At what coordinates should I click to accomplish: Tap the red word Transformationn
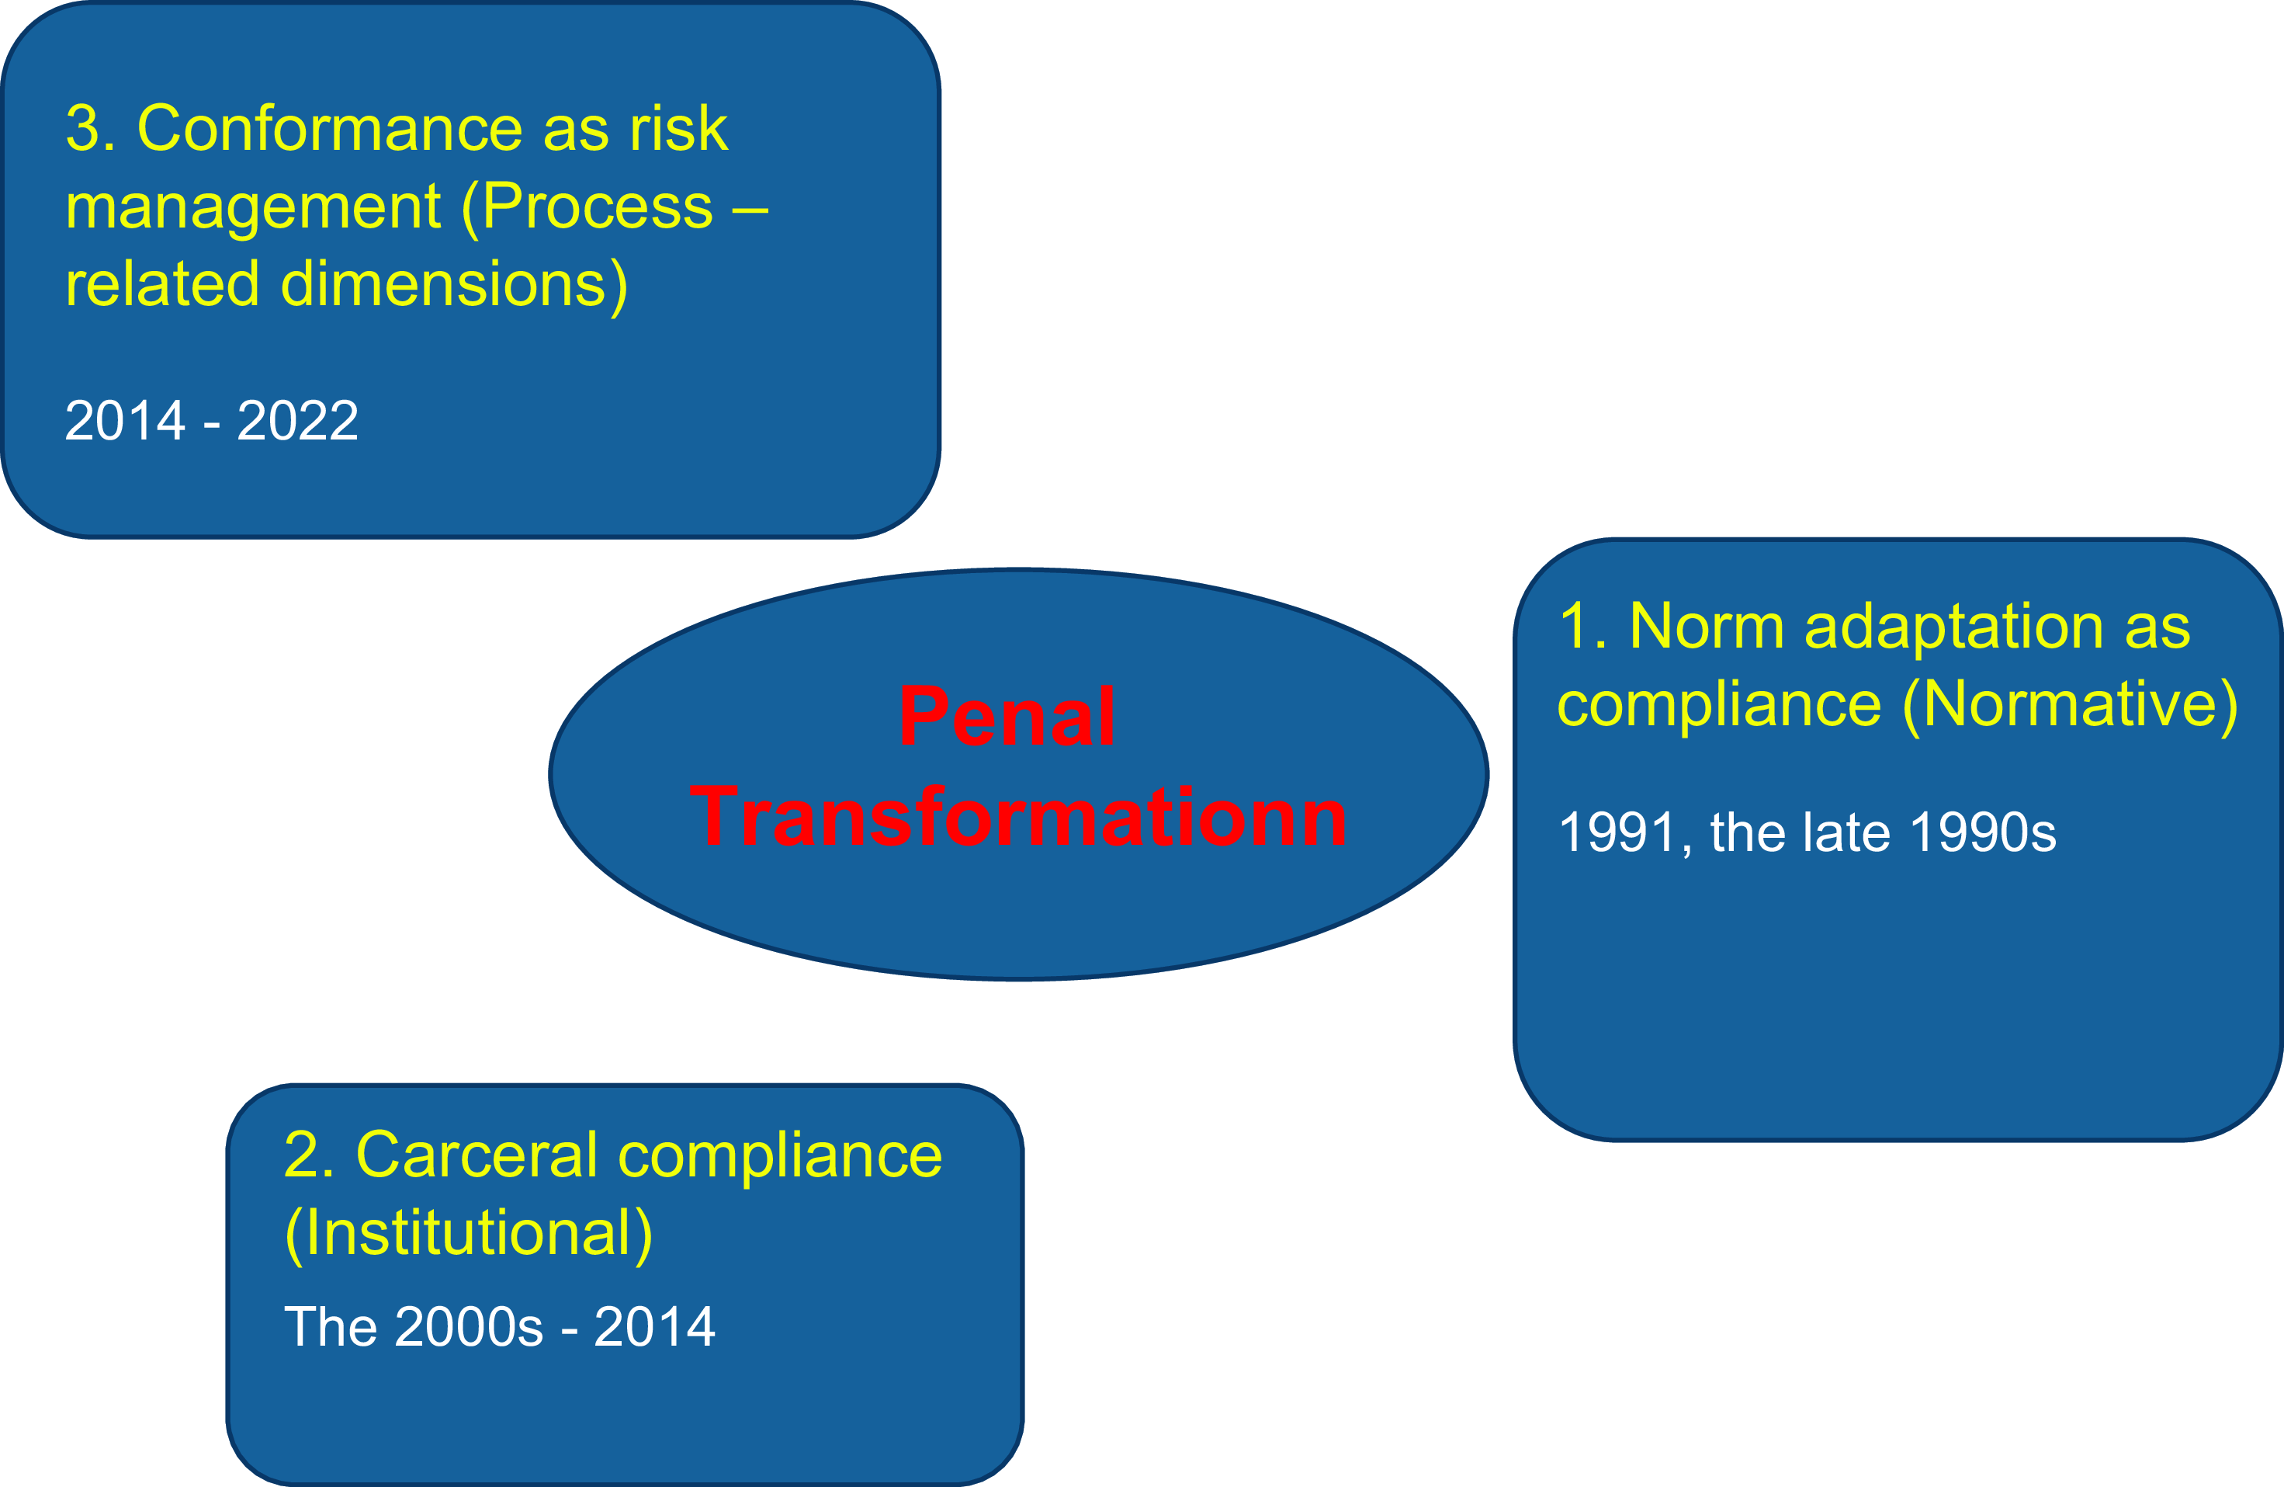(1018, 816)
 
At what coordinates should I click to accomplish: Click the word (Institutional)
(468, 1234)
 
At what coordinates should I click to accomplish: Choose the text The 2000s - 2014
(499, 1327)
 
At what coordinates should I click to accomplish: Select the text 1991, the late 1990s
(1807, 832)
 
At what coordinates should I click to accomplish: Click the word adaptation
(1954, 628)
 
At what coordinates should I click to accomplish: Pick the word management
(253, 208)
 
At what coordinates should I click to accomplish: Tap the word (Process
(587, 207)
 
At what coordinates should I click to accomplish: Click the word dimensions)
(454, 285)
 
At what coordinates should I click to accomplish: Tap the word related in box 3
(162, 284)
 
